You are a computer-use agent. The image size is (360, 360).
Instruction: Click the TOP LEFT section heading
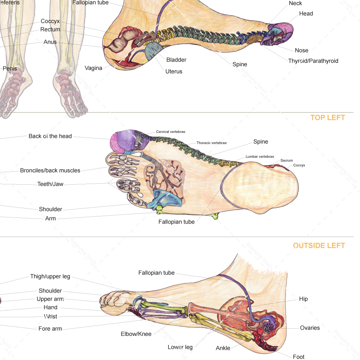(328, 118)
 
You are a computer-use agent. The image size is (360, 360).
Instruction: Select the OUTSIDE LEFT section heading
(319, 246)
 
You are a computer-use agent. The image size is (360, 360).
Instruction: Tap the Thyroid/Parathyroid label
(313, 61)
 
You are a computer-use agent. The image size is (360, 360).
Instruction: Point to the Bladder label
(176, 60)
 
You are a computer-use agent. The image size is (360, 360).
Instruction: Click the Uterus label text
(174, 71)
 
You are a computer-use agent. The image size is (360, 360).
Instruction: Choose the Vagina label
(94, 68)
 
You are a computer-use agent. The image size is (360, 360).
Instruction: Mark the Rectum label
(50, 30)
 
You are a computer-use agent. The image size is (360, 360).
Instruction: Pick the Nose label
(301, 50)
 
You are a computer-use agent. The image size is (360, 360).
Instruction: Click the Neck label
(296, 4)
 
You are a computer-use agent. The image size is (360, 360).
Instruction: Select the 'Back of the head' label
(50, 136)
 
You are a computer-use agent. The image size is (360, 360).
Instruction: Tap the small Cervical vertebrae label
(171, 132)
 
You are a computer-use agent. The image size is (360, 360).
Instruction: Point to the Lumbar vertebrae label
(260, 157)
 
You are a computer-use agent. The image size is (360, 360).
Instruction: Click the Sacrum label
(287, 161)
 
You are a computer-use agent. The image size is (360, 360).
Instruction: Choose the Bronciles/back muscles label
(50, 170)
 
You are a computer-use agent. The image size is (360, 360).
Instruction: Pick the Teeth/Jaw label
(50, 184)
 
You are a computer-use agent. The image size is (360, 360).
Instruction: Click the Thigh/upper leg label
(50, 276)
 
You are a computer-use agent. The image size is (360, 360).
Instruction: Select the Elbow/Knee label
(136, 334)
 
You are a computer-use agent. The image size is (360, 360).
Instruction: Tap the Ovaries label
(310, 328)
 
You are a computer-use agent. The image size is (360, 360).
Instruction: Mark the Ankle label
(223, 348)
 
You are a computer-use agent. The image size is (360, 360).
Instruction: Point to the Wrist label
(50, 316)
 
